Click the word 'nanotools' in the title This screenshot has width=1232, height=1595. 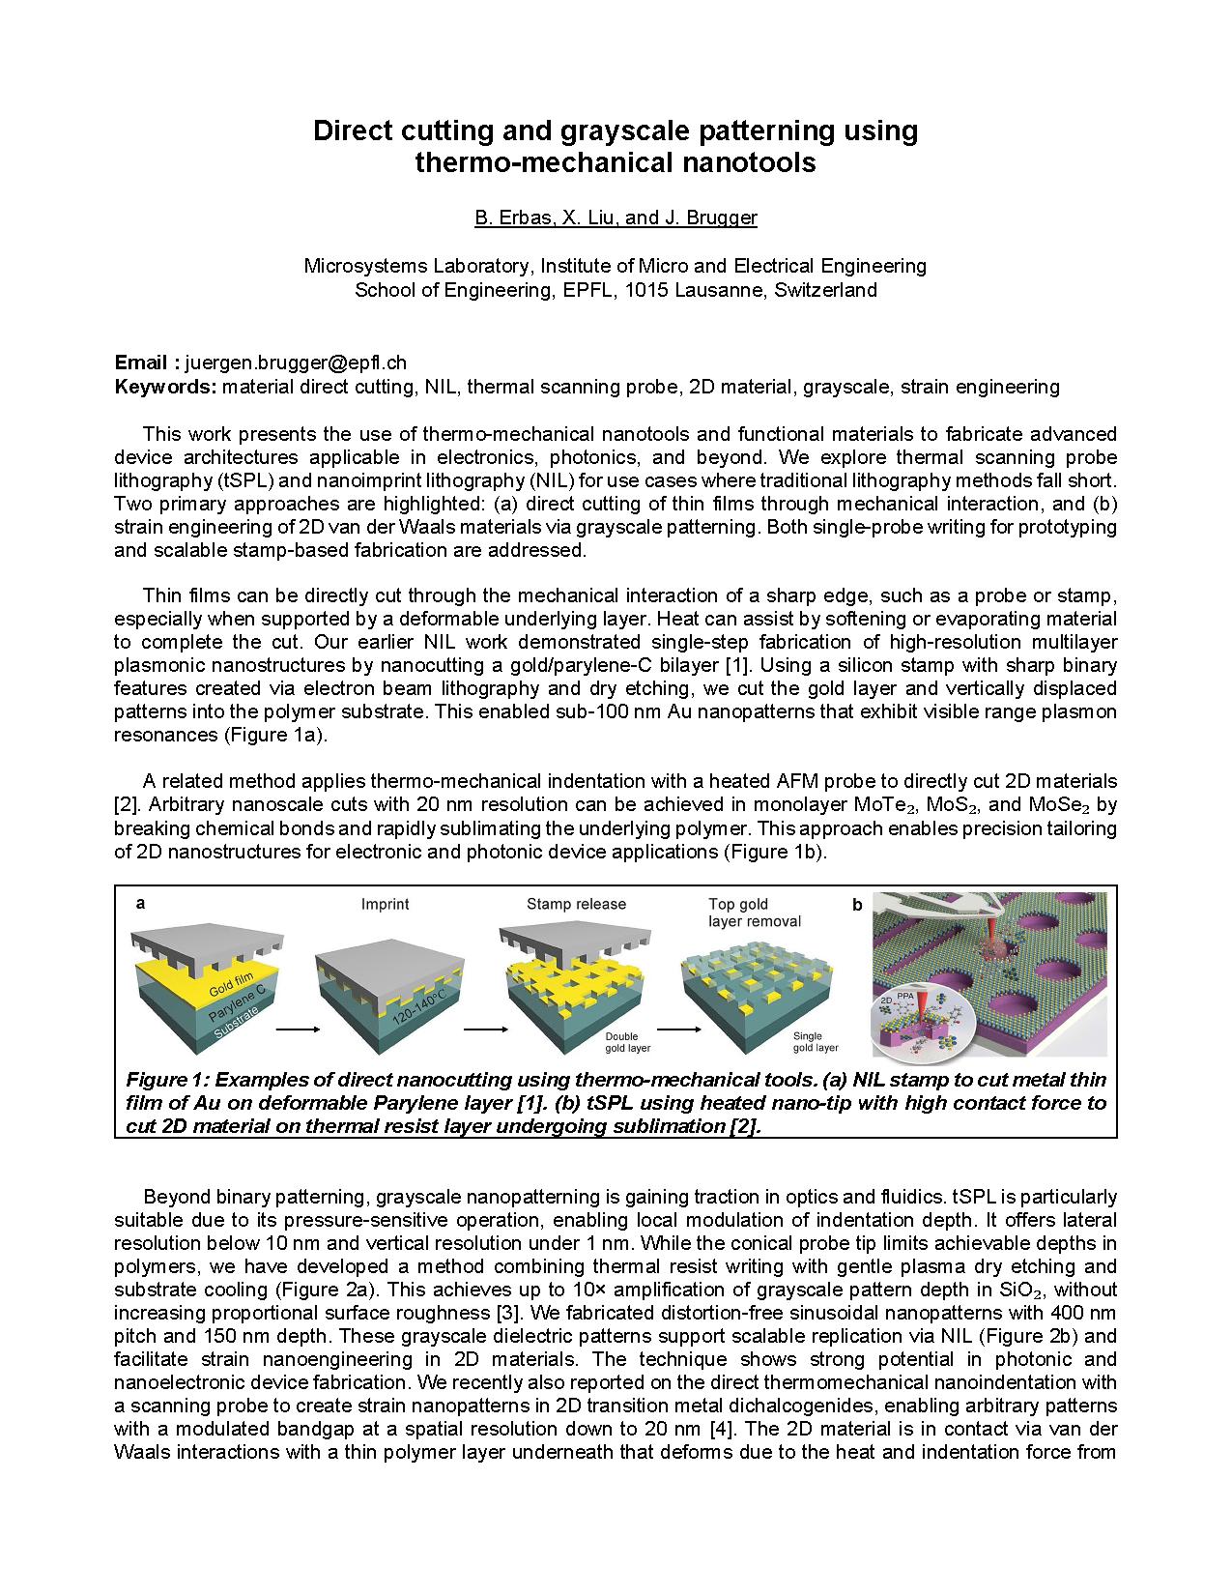pyautogui.click(x=751, y=162)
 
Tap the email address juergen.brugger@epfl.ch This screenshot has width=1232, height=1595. pyautogui.click(x=296, y=362)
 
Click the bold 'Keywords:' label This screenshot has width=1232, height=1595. pyautogui.click(x=165, y=387)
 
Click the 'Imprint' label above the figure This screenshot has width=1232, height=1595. pyautogui.click(x=385, y=905)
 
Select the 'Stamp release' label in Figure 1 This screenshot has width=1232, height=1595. pyautogui.click(x=576, y=905)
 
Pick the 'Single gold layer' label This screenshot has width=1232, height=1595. pyautogui.click(x=815, y=1042)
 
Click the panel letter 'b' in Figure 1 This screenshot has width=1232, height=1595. pyautogui.click(x=857, y=906)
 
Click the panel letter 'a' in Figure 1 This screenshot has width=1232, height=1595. pyautogui.click(x=141, y=904)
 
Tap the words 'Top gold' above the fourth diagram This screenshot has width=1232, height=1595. pyautogui.click(x=738, y=905)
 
